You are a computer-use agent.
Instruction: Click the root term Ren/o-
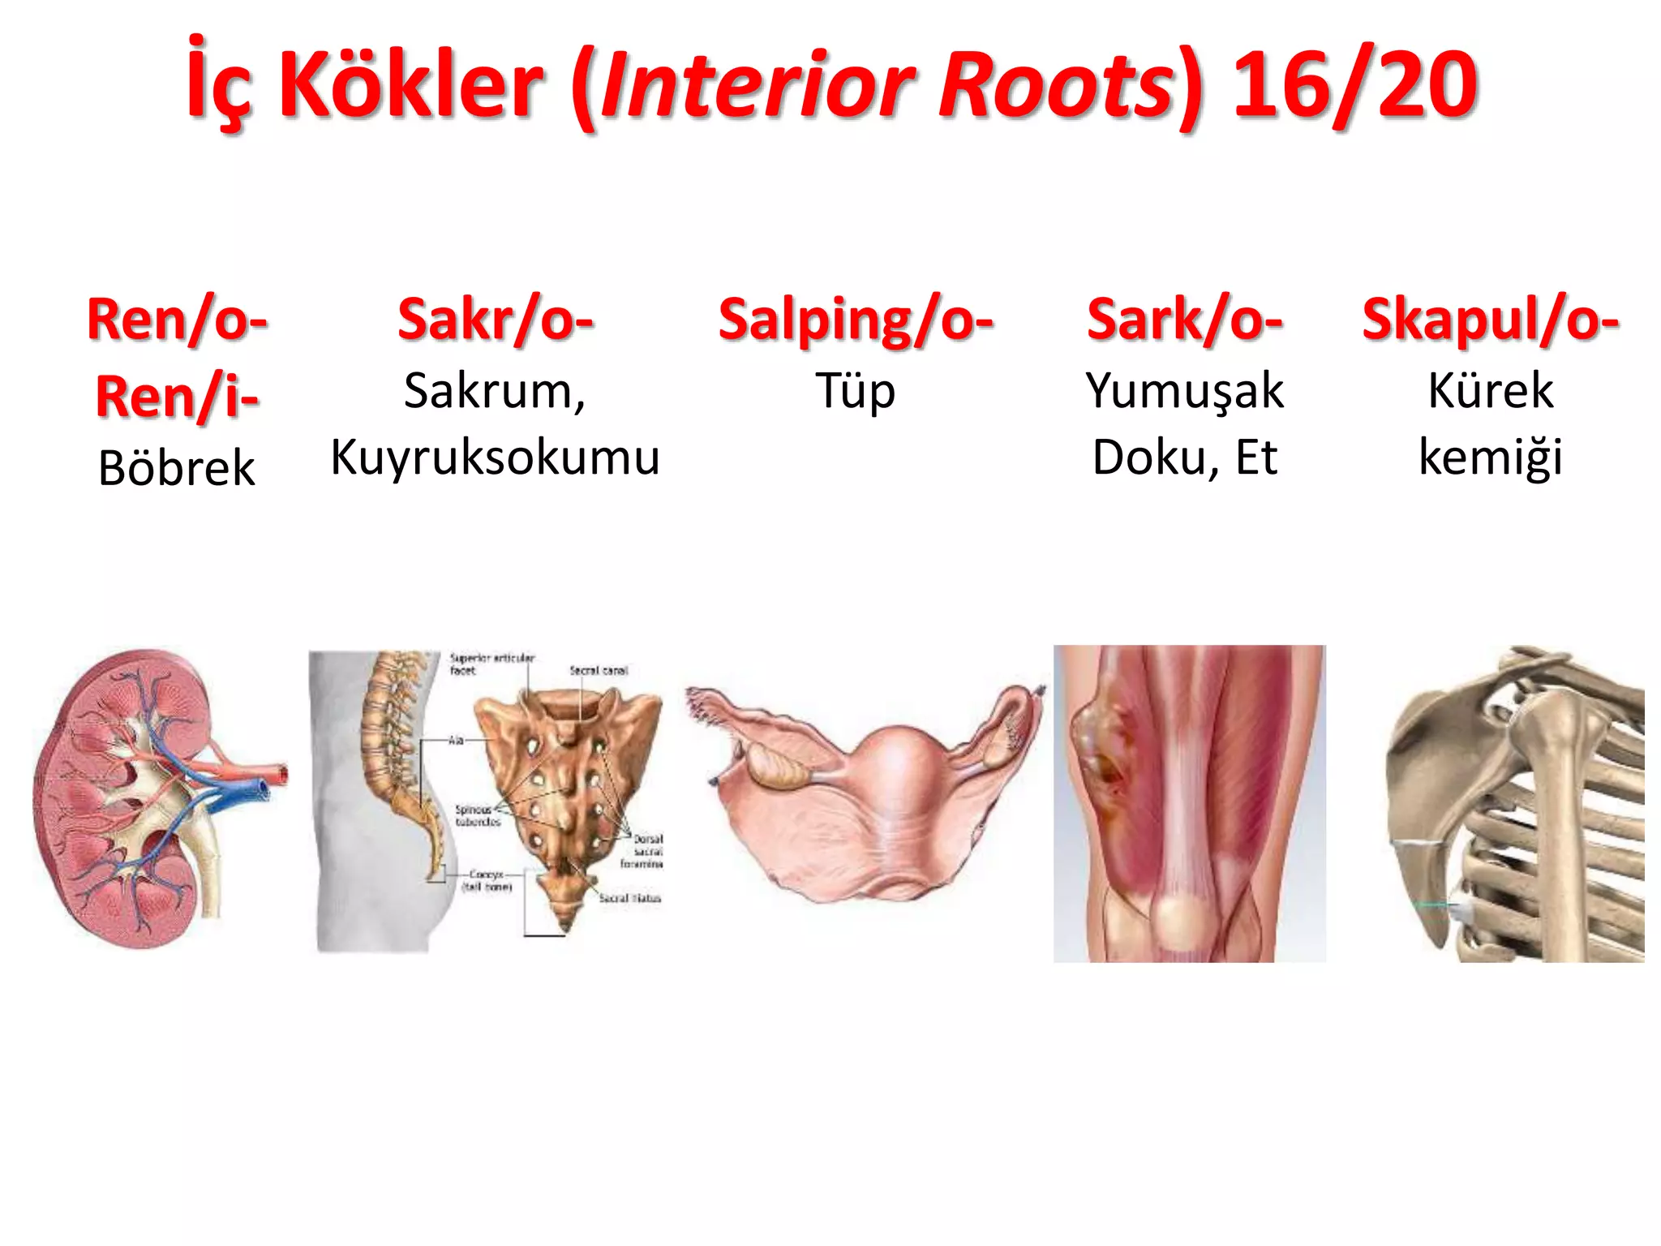point(177,320)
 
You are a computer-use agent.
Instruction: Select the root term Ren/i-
point(177,397)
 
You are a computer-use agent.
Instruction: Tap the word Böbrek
point(177,468)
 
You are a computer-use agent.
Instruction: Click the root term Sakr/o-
point(496,320)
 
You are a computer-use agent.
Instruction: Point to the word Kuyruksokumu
point(496,458)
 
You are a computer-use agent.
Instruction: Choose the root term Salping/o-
point(856,320)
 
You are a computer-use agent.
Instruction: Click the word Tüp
point(856,391)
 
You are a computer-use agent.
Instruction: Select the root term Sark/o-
point(1184,320)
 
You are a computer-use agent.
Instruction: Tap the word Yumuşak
point(1184,391)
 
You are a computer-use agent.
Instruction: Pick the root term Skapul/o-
point(1491,320)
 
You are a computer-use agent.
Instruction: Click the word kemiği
point(1491,458)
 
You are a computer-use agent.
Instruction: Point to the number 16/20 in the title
point(1355,84)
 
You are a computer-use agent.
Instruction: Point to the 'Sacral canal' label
point(599,670)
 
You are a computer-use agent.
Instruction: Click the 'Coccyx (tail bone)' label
point(487,881)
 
